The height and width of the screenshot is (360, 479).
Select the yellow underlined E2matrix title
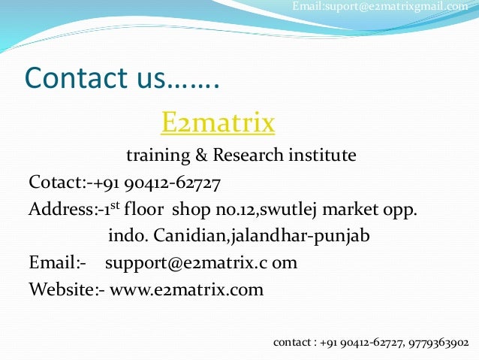[x=218, y=121]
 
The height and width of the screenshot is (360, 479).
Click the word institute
[x=320, y=156]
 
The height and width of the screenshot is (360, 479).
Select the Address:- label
[x=60, y=209]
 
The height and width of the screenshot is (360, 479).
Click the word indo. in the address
[x=128, y=236]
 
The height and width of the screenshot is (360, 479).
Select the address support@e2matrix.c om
[x=201, y=263]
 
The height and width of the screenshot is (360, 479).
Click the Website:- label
[x=66, y=289]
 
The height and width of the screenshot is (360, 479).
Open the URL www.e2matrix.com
[x=187, y=289]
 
